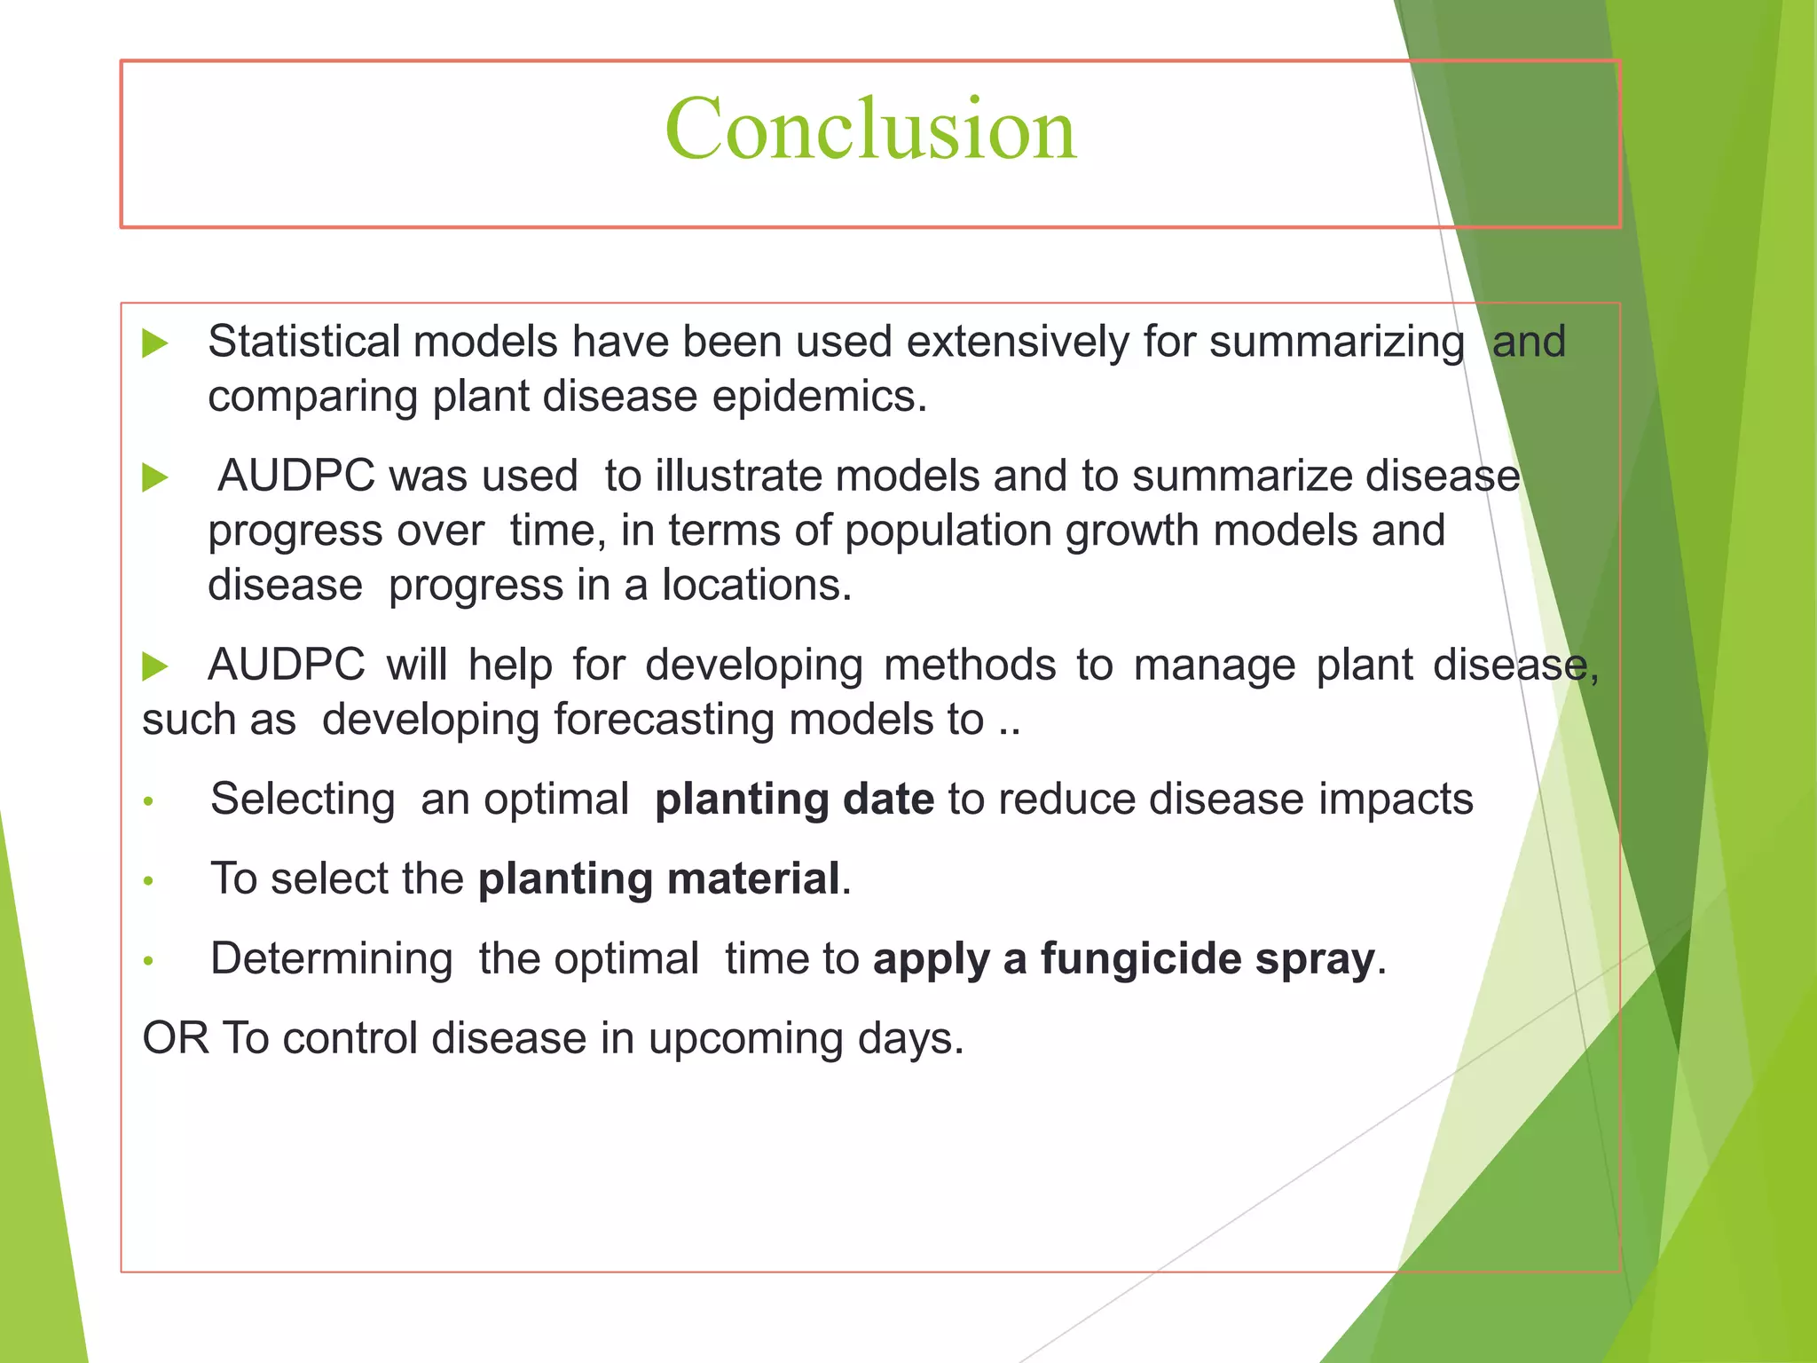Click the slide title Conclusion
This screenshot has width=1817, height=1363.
click(870, 130)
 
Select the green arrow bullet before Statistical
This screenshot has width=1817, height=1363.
click(155, 343)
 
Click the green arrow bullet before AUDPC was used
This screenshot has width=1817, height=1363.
click(155, 477)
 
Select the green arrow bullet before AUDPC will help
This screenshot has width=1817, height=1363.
click(155, 666)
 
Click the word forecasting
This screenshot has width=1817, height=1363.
click(665, 720)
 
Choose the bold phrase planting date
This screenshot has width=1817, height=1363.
click(794, 799)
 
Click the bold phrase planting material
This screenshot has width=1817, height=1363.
click(659, 878)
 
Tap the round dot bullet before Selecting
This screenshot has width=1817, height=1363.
click(149, 802)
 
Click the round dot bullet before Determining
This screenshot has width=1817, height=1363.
click(149, 961)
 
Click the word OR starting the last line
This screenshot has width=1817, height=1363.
click(176, 1038)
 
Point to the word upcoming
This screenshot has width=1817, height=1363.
click(745, 1039)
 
